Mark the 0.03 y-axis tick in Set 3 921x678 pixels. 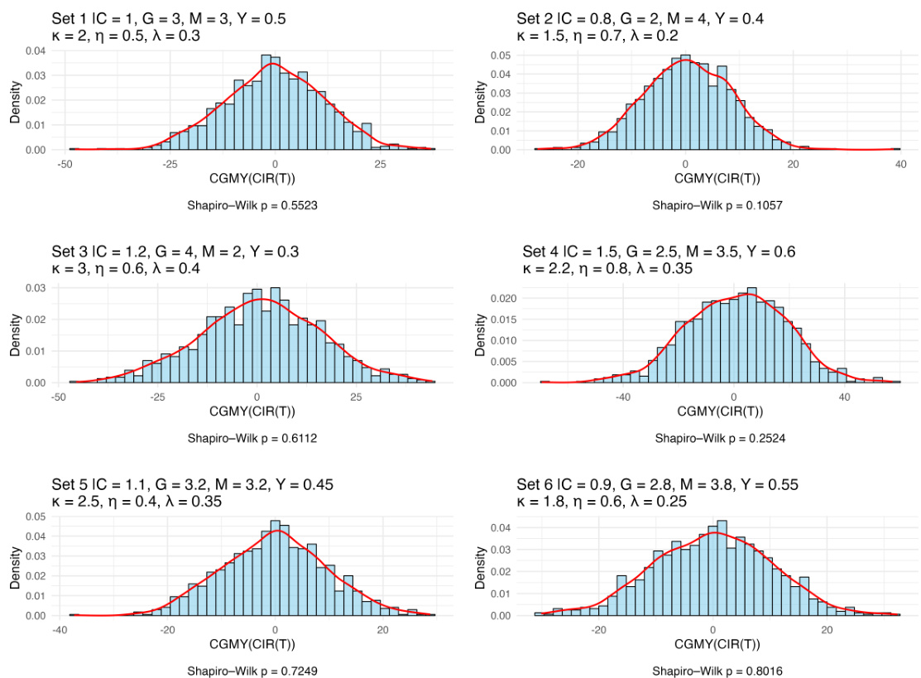[35, 287]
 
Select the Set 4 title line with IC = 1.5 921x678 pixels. [659, 252]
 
